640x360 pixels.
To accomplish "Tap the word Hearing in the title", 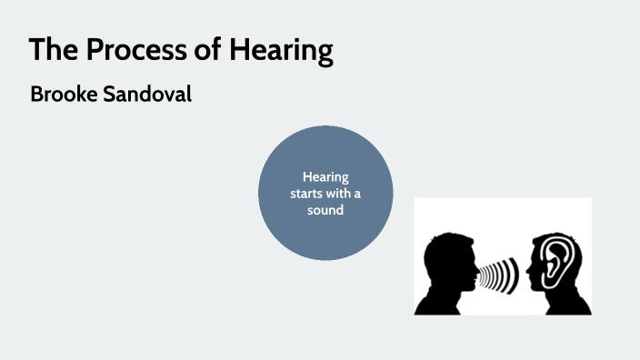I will pos(285,52).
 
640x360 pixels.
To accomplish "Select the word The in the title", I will pos(50,51).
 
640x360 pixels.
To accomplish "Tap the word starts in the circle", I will pos(309,194).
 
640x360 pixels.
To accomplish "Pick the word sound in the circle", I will pos(325,211).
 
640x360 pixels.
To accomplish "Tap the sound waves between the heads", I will pos(499,273).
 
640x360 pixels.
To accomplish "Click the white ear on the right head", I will pos(555,264).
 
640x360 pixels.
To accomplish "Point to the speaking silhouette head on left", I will pos(446,264).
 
